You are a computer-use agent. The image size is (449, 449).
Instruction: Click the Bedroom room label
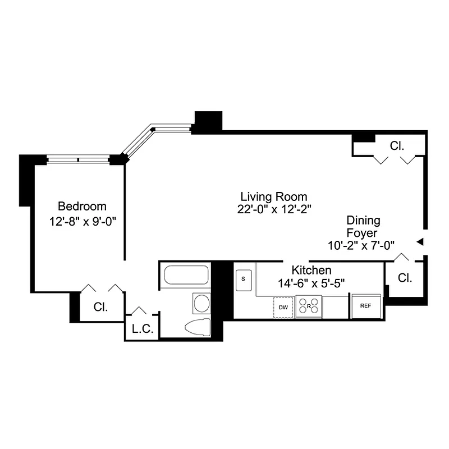[x=82, y=206]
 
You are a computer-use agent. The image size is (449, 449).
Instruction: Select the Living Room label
[x=273, y=196]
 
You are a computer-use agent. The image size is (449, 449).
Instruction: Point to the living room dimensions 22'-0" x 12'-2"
[x=273, y=209]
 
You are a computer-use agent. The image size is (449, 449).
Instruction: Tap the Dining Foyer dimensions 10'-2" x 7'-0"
[x=362, y=245]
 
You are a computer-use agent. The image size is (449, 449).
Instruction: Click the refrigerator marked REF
[x=366, y=306]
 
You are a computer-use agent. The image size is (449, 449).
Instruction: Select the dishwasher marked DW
[x=283, y=307]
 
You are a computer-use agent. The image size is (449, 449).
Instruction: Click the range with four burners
[x=309, y=306]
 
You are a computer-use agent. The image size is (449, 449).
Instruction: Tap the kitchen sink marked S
[x=244, y=278]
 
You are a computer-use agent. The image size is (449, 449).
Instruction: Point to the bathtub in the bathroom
[x=185, y=276]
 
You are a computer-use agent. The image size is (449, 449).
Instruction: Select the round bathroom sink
[x=200, y=304]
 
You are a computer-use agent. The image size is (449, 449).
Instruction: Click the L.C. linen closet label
[x=142, y=329]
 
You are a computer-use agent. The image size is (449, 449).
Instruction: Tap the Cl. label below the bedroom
[x=100, y=307]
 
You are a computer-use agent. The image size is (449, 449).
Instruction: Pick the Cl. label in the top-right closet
[x=397, y=146]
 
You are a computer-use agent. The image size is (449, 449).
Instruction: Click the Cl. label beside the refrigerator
[x=404, y=277]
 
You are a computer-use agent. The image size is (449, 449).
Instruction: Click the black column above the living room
[x=208, y=121]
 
